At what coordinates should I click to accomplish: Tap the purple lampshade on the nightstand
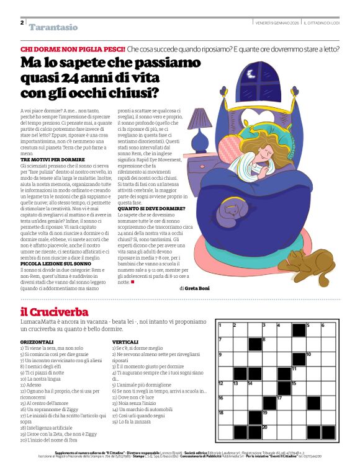[200, 119]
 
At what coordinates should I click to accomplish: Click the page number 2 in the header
[22, 22]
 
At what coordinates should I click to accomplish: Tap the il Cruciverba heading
[54, 312]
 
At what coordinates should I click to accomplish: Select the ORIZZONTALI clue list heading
[37, 342]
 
